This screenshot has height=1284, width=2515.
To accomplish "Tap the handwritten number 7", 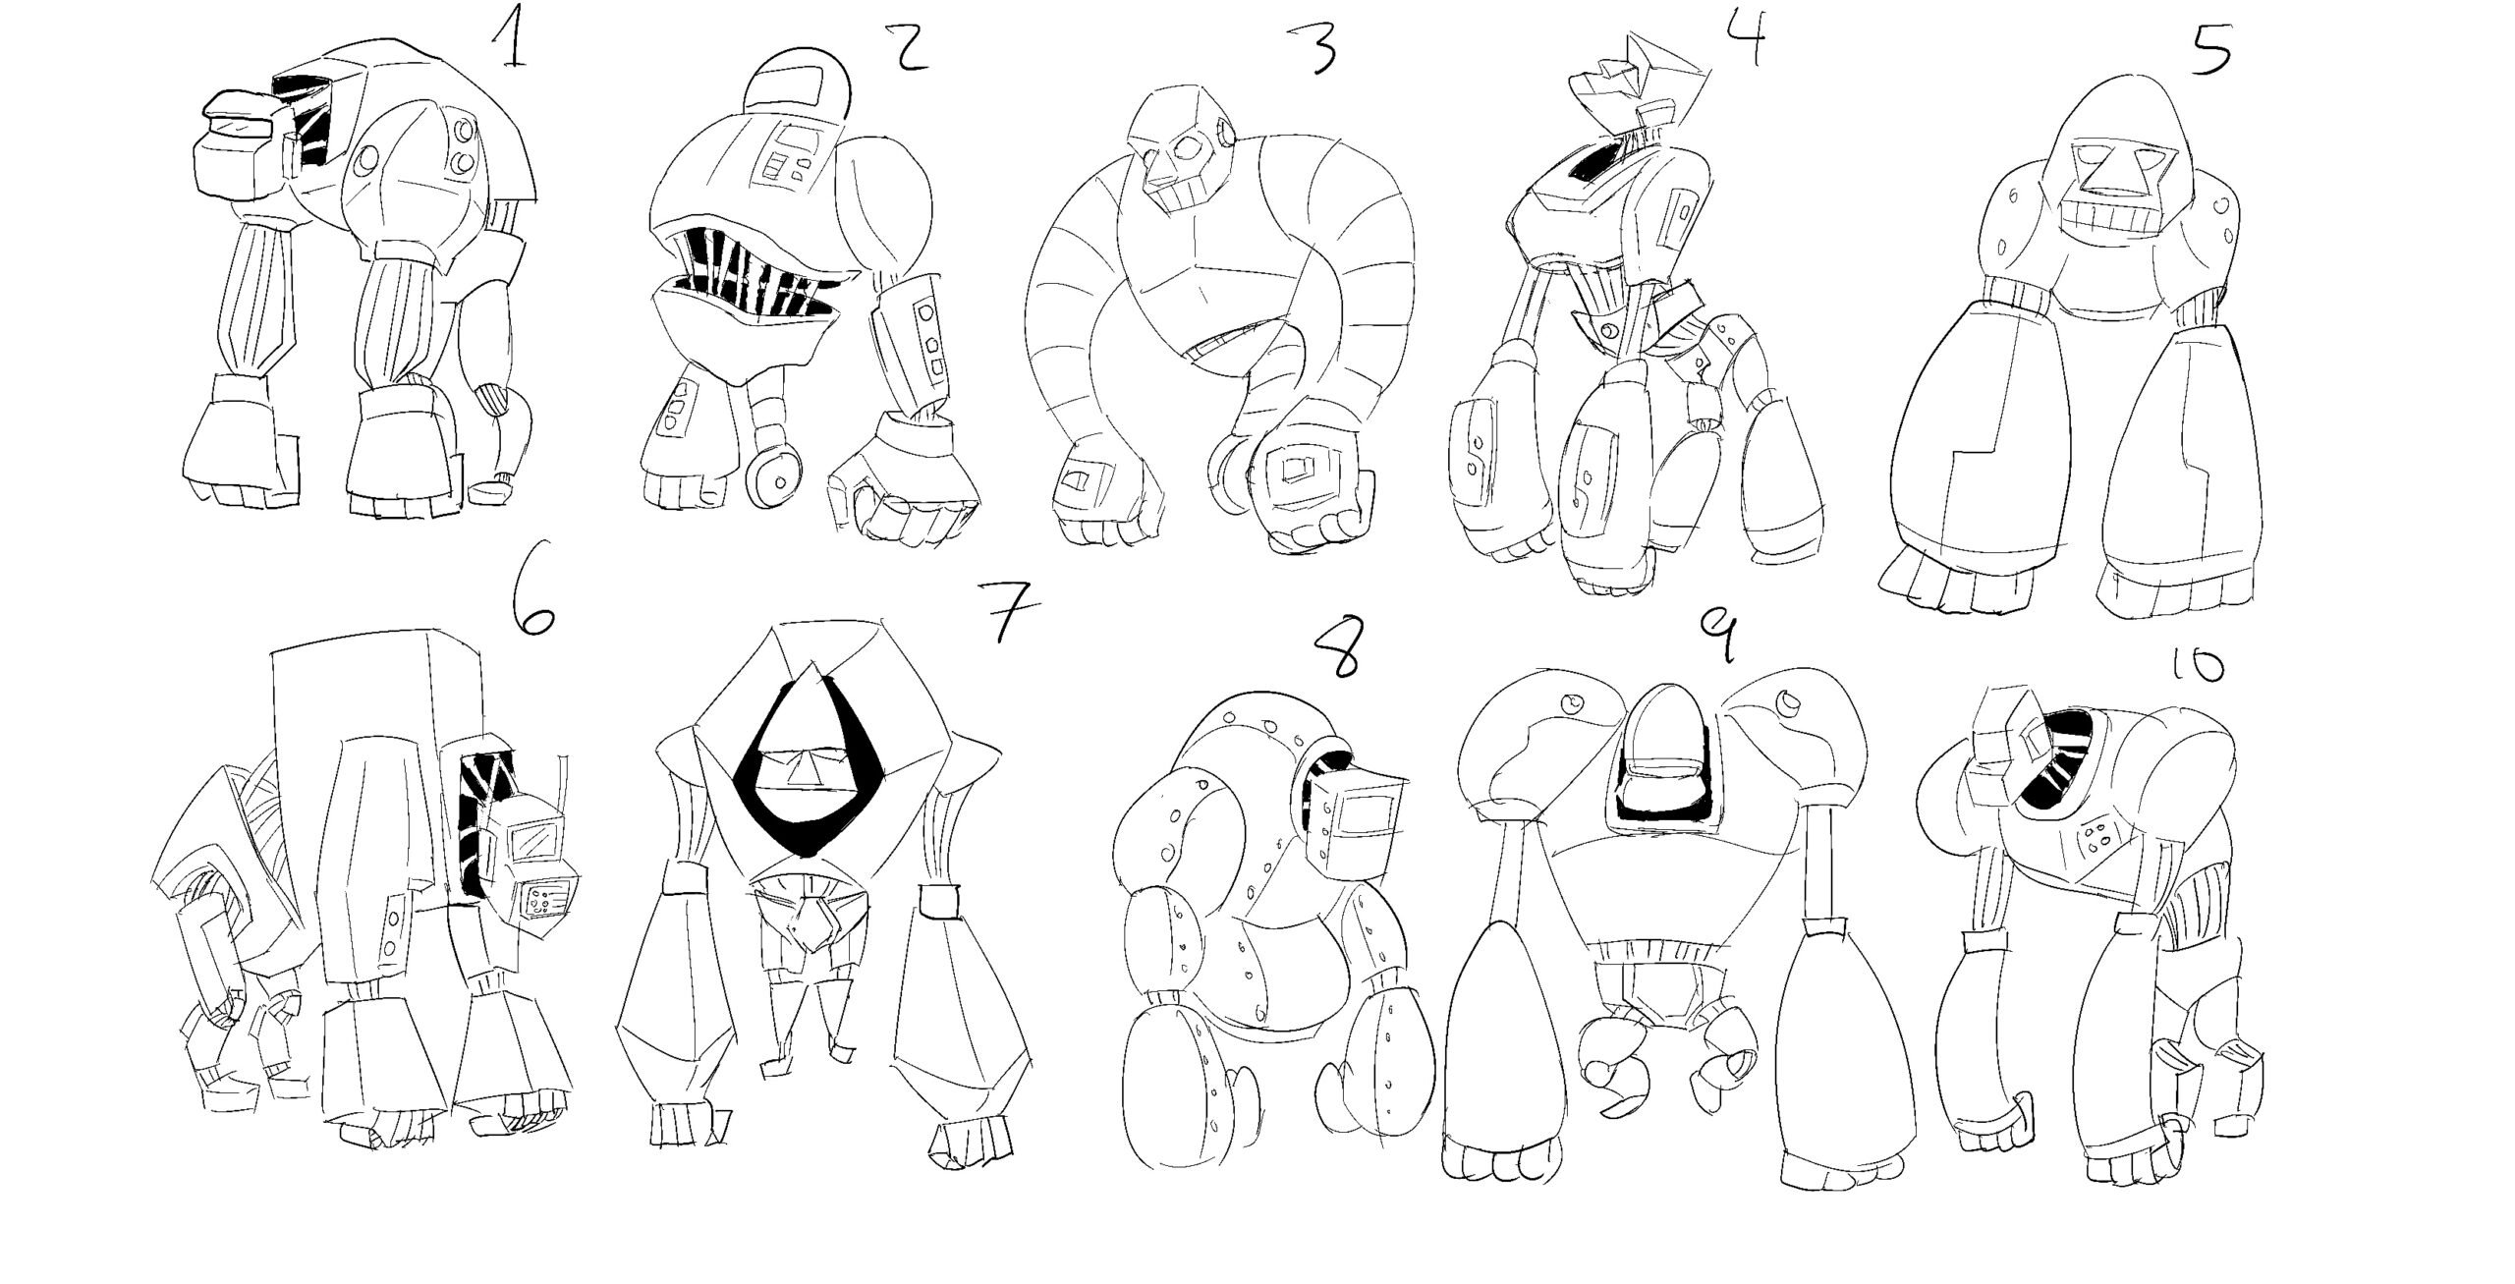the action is pyautogui.click(x=1005, y=609).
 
